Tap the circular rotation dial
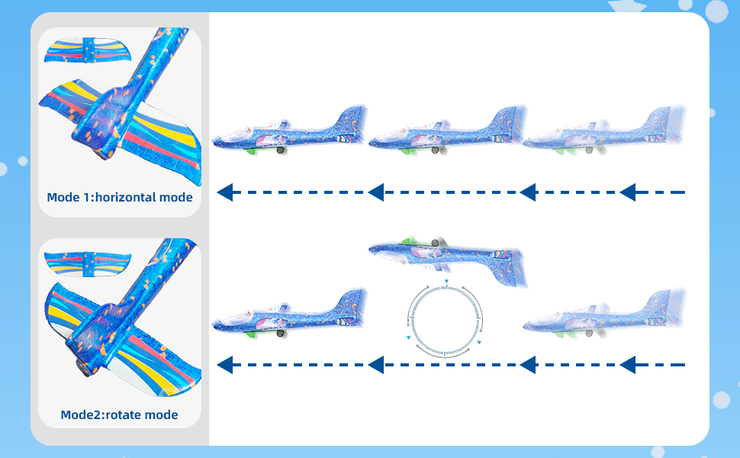point(446,316)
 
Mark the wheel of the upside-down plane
point(435,244)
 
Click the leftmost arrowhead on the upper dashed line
point(225,192)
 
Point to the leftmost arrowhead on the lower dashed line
point(225,365)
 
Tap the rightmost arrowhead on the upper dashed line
point(628,192)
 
